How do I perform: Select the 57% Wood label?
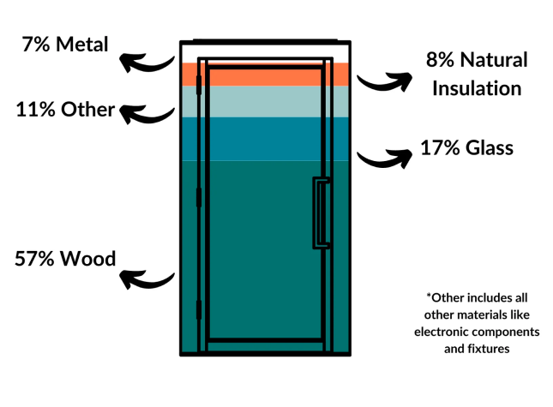(65, 258)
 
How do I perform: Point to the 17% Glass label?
(466, 148)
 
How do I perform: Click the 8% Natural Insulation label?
(477, 74)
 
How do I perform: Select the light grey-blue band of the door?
(266, 101)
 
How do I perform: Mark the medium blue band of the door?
(266, 138)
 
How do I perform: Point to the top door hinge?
(199, 85)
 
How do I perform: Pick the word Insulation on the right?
(477, 87)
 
